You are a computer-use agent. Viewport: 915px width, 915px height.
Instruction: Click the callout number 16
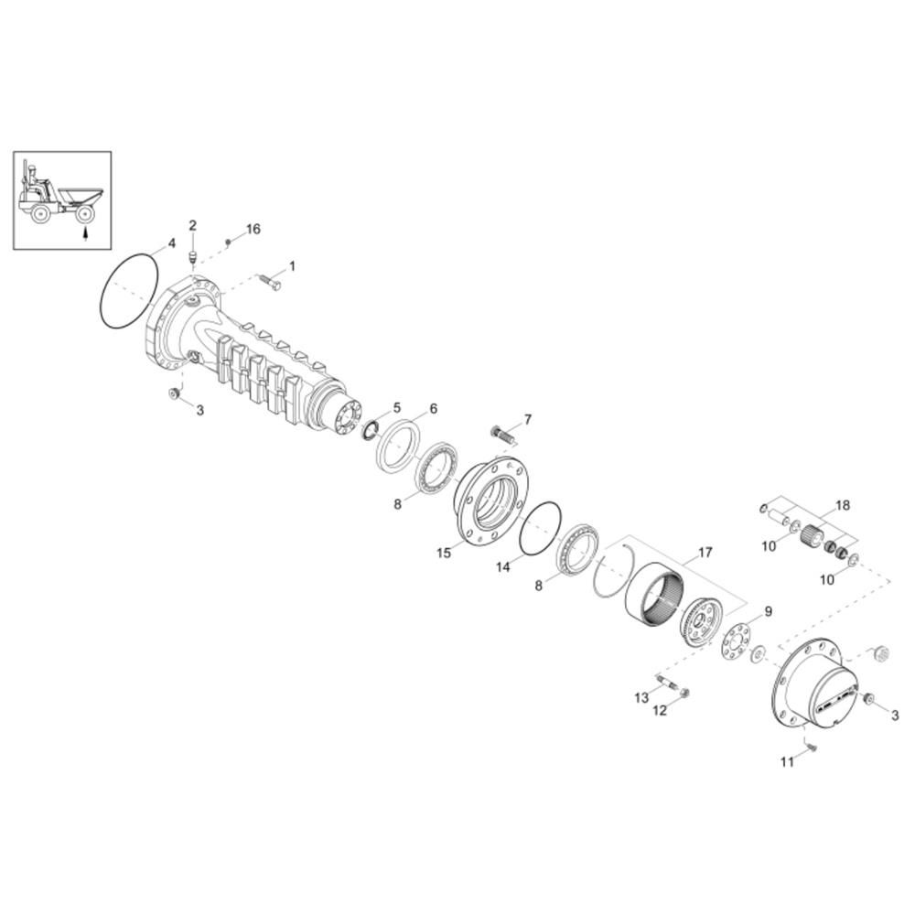(253, 229)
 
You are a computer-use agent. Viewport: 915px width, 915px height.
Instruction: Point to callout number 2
(192, 225)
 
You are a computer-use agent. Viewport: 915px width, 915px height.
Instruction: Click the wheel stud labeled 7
(502, 434)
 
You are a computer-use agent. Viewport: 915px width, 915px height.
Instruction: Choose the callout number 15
(444, 552)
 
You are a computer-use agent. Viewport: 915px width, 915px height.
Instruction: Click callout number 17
(705, 552)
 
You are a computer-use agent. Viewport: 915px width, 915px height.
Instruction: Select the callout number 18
(844, 505)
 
